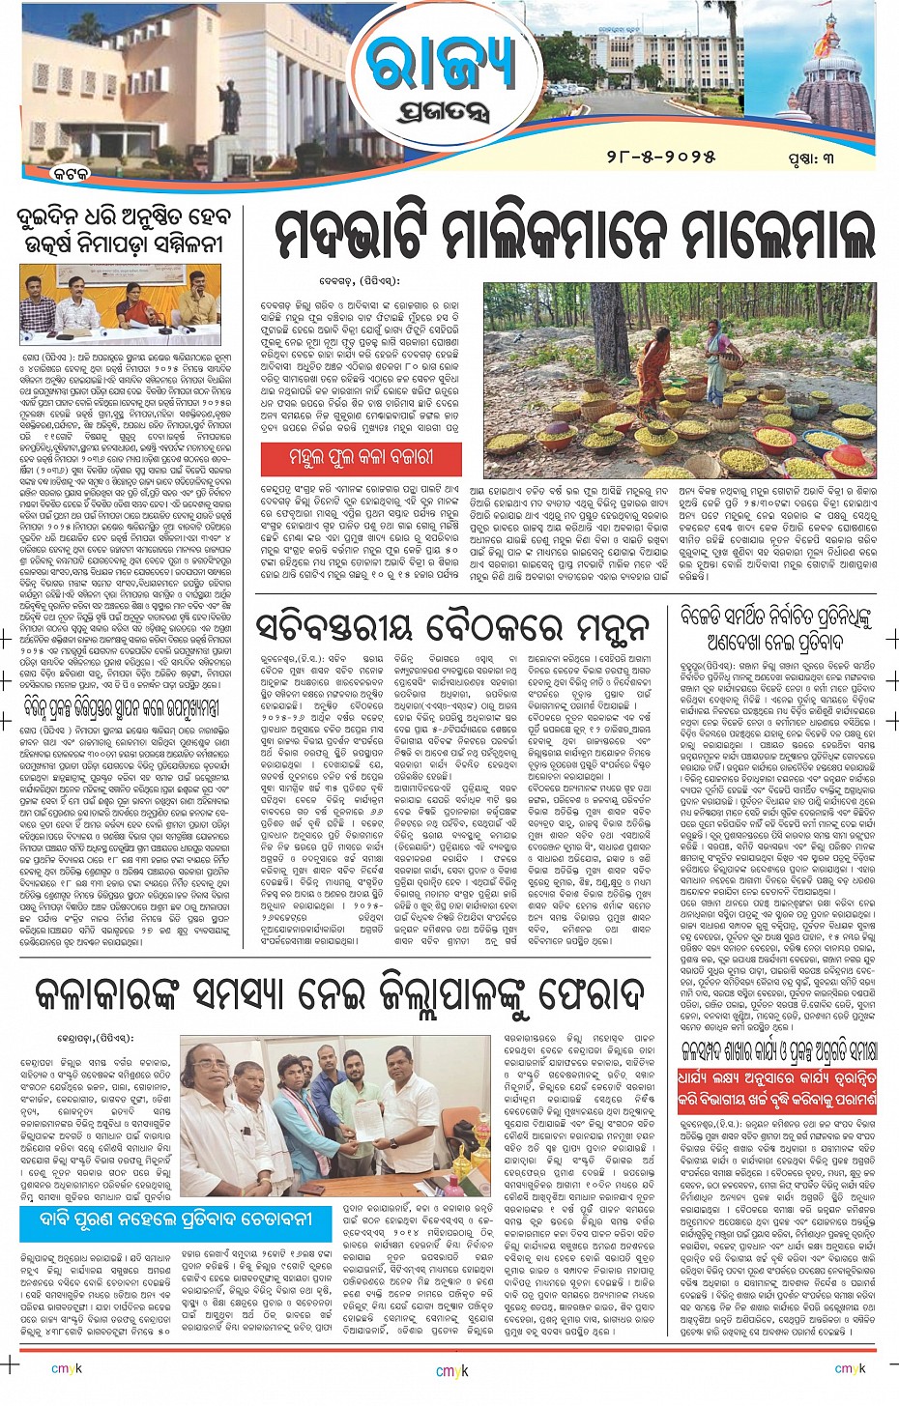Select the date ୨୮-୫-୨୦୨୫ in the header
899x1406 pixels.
pos(661,156)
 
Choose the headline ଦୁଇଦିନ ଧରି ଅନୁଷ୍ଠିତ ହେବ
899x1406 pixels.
pos(120,216)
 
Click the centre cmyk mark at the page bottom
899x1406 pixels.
pos(449,1370)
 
